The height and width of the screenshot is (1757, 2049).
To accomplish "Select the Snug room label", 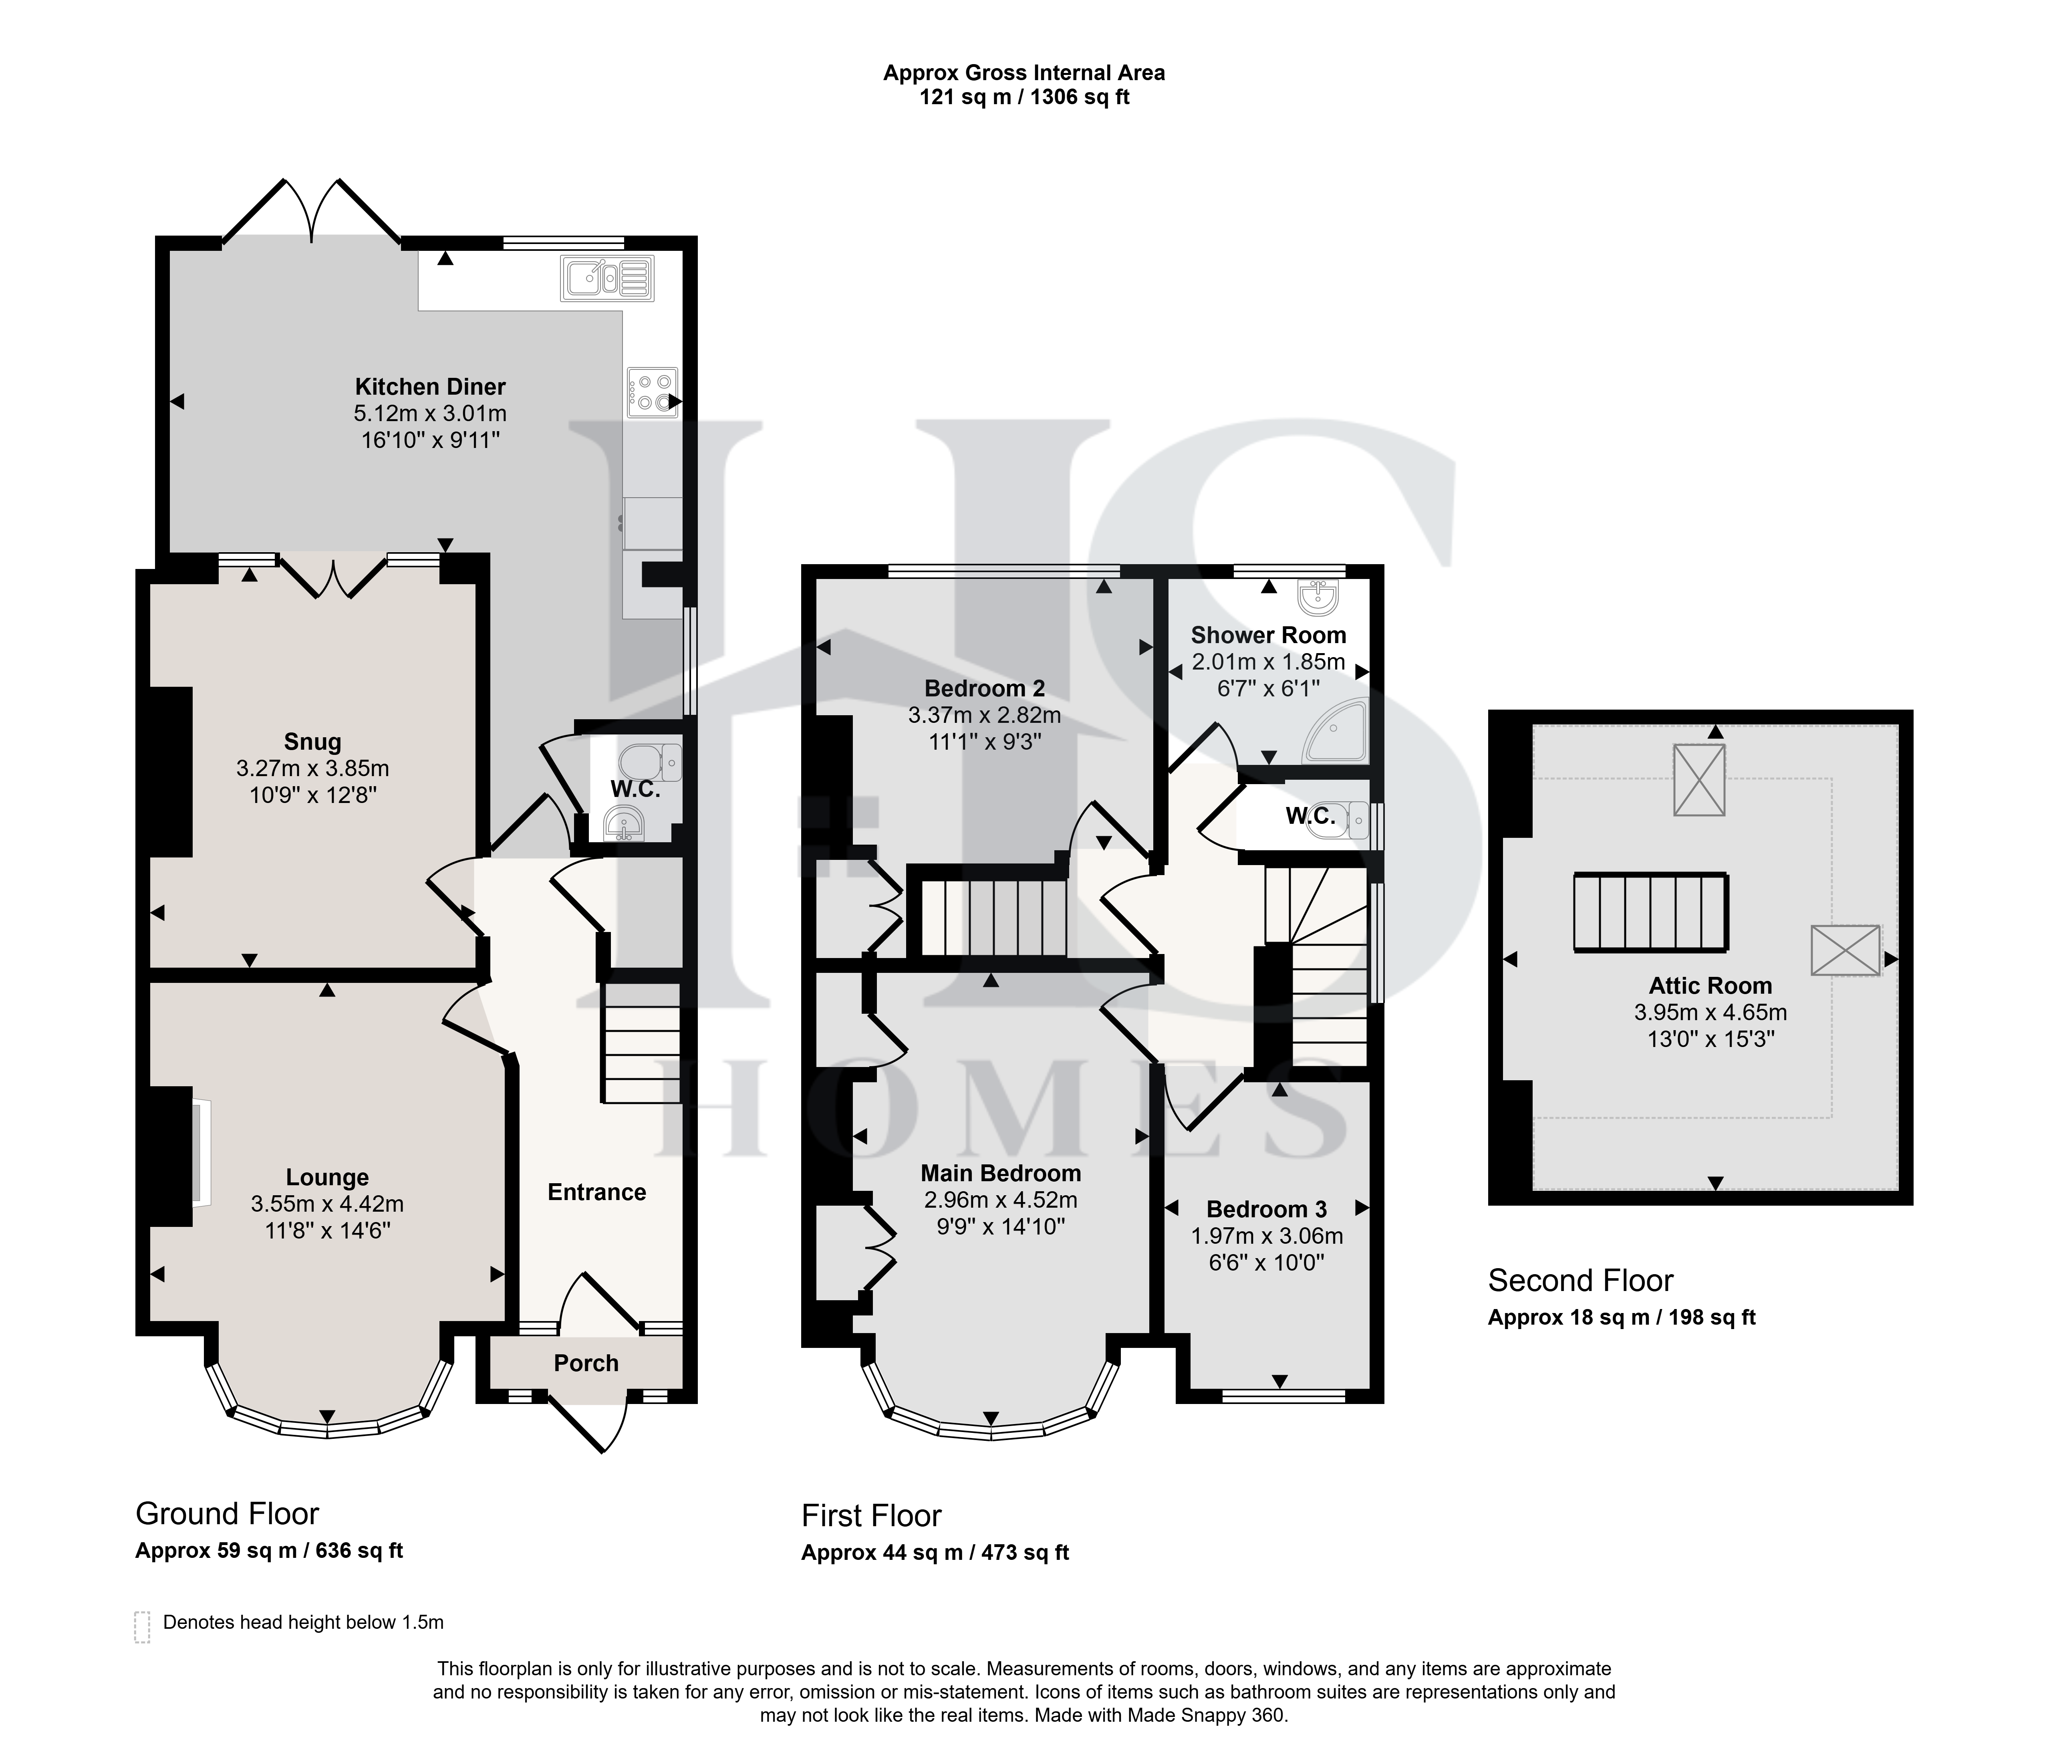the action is tap(312, 742).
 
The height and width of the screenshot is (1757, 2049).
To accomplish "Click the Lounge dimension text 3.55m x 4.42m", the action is tap(327, 1204).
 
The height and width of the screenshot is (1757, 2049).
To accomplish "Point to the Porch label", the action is tap(586, 1363).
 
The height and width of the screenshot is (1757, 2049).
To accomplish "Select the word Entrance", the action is tap(597, 1192).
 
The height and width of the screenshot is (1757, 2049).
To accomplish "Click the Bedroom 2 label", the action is tap(985, 688).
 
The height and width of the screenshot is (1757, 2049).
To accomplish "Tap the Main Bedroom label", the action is tap(1001, 1173).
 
